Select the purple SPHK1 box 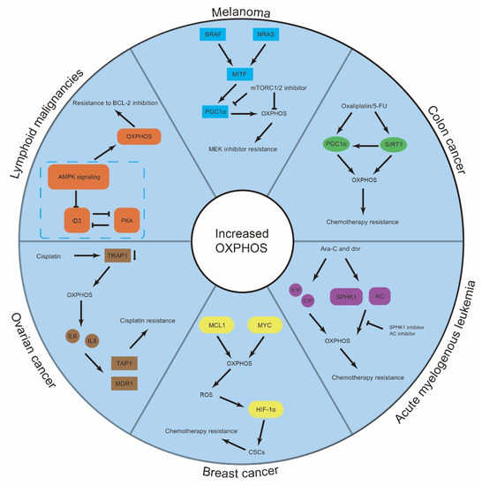click(x=348, y=298)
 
